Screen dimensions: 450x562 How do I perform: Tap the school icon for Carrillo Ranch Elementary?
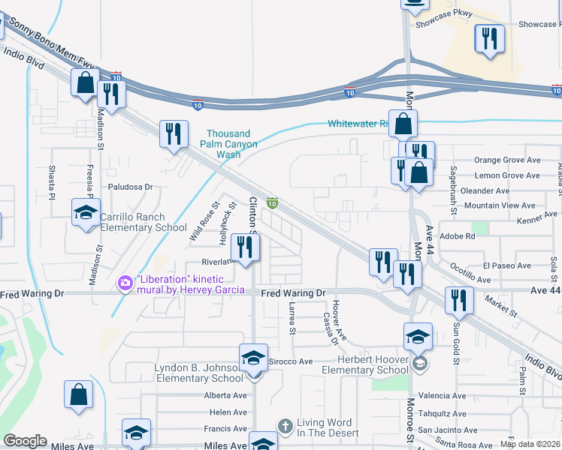[86, 212]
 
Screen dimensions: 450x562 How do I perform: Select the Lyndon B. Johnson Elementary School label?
[201, 373]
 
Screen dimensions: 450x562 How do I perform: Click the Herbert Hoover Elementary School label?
[364, 365]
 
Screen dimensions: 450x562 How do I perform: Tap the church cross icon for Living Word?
[285, 426]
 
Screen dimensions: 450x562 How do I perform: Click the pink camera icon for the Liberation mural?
[125, 283]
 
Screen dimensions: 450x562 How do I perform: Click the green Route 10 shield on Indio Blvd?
[273, 202]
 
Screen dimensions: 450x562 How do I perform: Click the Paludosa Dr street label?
[130, 187]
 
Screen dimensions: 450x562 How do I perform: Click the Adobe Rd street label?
[460, 235]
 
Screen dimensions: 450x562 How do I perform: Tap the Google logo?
[25, 442]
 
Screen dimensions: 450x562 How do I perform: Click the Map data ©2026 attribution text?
[530, 444]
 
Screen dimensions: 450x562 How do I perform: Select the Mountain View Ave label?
[499, 205]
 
